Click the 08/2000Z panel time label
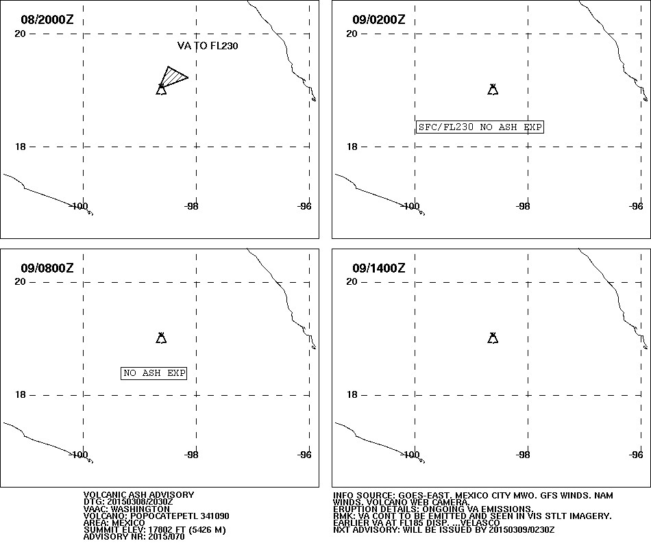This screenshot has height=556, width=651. pos(47,19)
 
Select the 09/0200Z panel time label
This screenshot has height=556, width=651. pos(379,19)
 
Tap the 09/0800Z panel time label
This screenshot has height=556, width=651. pos(47,268)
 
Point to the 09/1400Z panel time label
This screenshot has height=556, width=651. pos(379,268)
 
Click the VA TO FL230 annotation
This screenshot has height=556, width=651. pos(208,46)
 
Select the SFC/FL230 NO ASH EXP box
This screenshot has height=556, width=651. pos(480,127)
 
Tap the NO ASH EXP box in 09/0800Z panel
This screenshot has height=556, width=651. pos(153,373)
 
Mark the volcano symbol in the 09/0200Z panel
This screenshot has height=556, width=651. pos(493,89)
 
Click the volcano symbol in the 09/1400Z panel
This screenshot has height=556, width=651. pos(493,338)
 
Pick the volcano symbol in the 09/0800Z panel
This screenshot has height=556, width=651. pos(161,338)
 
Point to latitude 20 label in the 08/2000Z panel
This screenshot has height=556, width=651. pos(20,34)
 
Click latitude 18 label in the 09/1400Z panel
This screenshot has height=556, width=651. pos(352,394)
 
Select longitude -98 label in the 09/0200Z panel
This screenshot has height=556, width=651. pos(523,206)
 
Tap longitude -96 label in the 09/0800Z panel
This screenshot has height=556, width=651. pos(304,455)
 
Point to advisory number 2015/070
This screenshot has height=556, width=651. pos(163,537)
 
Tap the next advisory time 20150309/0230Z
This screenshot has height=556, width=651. pos(521,530)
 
